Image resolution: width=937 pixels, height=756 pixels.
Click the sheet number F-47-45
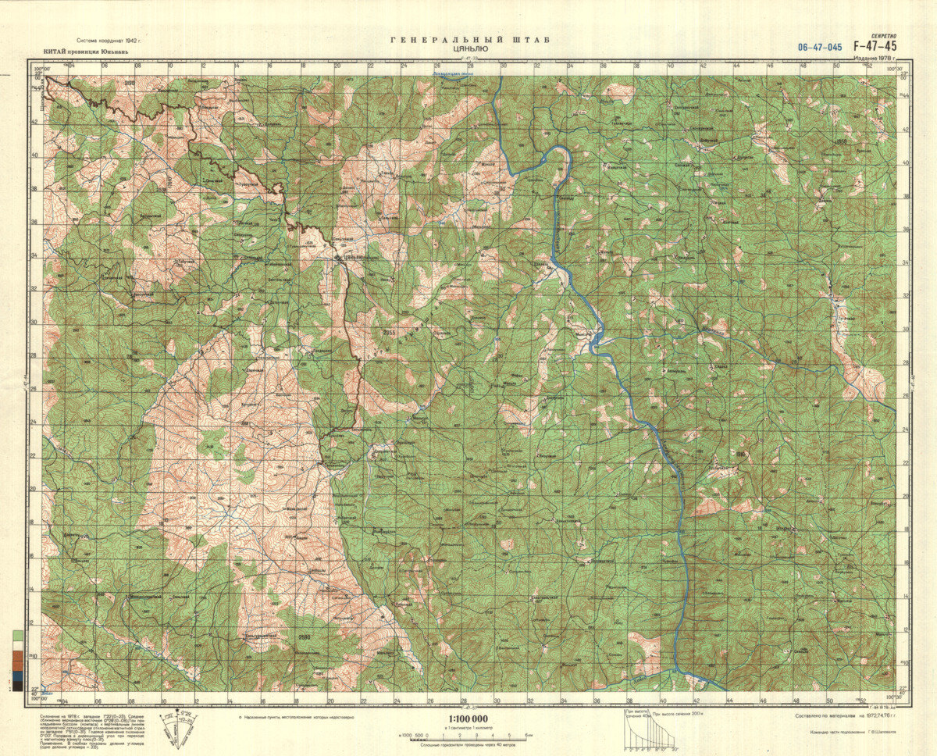(875, 46)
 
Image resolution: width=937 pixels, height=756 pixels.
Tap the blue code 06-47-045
(820, 47)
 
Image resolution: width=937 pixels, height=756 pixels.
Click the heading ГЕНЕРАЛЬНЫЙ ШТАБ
(468, 39)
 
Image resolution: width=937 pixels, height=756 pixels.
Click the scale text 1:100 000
(468, 719)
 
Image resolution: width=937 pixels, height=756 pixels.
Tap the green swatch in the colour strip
(17, 635)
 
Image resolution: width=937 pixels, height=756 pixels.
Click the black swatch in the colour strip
(17, 686)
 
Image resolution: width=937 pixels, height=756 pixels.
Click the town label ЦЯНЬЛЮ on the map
(351, 256)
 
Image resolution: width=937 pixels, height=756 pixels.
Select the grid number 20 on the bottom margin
(330, 701)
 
